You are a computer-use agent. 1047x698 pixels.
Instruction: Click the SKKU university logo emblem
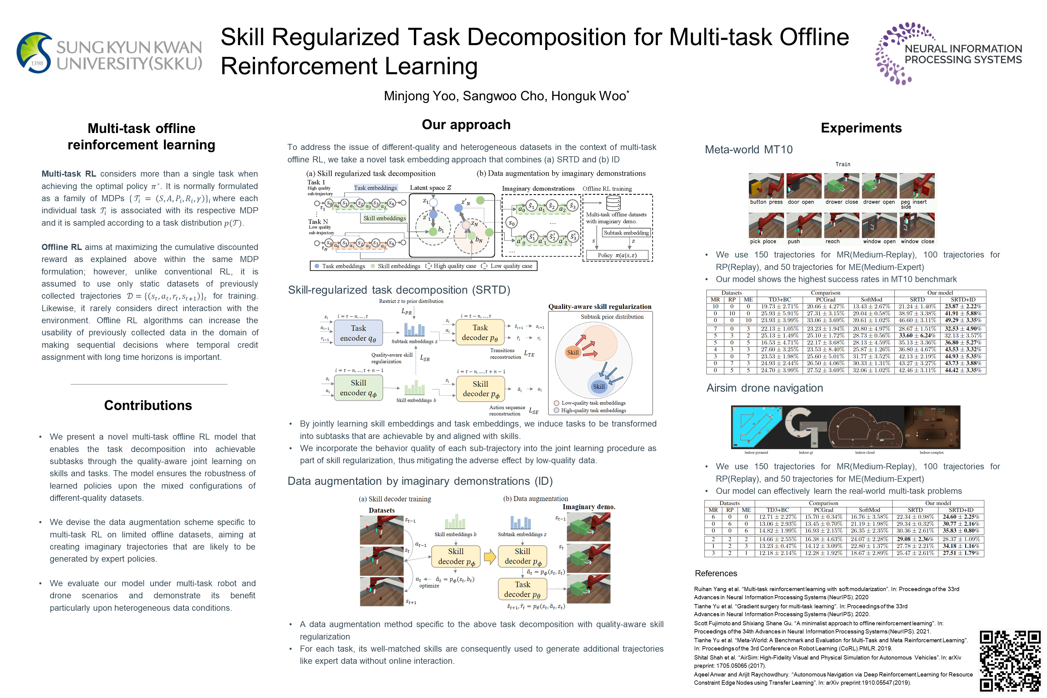[35, 52]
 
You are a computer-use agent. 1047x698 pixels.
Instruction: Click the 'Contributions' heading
[148, 405]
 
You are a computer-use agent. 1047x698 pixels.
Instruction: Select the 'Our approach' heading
[466, 125]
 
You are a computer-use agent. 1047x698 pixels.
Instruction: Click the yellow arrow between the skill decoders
[490, 557]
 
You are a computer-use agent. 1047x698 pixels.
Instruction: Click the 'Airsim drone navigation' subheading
[764, 388]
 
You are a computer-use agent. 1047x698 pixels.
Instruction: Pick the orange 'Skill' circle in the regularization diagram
[573, 352]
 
